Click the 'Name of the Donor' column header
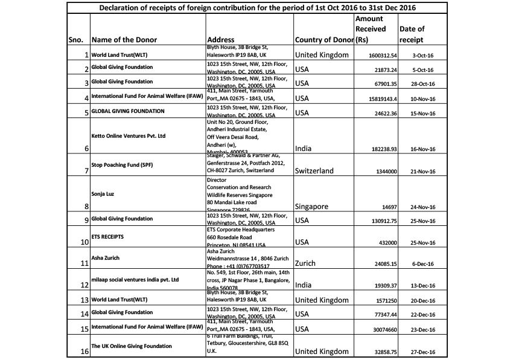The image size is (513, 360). pos(124,40)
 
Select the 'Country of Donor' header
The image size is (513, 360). pos(323,40)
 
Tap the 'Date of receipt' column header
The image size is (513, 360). pos(412,34)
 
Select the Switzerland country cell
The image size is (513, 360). pos(314,171)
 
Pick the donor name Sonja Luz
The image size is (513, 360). pos(106,194)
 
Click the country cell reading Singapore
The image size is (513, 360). pos(312,207)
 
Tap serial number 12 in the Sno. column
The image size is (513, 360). pos(84,285)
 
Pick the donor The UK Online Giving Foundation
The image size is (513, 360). pos(132,346)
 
